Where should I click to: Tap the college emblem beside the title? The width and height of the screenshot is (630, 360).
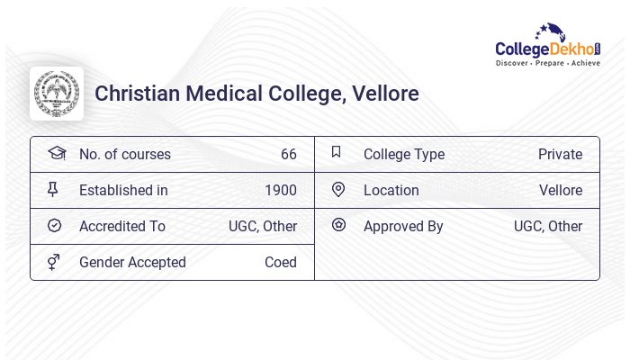coord(57,94)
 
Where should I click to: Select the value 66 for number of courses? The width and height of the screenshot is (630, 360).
coord(288,154)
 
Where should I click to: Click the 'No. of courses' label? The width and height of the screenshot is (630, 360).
coord(124,154)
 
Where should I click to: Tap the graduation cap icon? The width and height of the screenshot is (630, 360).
coord(56,153)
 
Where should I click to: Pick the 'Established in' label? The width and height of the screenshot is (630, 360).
coord(123,190)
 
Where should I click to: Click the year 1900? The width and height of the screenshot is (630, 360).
coord(281,190)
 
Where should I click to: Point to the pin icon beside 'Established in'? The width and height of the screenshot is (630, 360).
coord(54,190)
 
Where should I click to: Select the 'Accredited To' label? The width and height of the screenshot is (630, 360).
coord(122,226)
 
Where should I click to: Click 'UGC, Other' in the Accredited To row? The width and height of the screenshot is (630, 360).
coord(263,226)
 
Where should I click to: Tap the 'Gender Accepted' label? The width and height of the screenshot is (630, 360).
coord(132,262)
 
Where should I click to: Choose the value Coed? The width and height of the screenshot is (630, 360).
coord(281,262)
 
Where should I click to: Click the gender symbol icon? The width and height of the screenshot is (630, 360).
coord(54,262)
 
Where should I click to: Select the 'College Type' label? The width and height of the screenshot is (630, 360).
coord(404,154)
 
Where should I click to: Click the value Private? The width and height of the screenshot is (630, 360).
coord(560,154)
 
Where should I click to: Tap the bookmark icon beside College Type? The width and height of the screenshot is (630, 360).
coord(337,153)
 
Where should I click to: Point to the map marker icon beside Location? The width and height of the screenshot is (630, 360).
coord(338,190)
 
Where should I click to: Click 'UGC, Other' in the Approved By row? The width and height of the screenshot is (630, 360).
coord(548,226)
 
